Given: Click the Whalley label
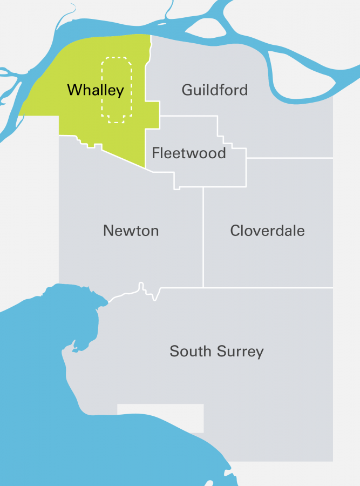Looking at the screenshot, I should tap(96, 90).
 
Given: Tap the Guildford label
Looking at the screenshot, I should tap(214, 90).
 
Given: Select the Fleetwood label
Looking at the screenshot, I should tap(188, 153).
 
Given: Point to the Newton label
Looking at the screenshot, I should tap(131, 231).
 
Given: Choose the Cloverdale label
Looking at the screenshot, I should tap(267, 231).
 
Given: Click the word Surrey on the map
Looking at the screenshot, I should tap(241, 352).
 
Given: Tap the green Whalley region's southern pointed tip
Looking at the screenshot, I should tap(146, 167).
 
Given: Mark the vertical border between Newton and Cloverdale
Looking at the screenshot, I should tap(203, 238).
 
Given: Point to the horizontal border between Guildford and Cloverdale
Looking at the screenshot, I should tap(290, 158).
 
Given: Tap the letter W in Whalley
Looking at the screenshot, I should tap(73, 90).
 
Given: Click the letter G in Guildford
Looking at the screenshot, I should tap(187, 90).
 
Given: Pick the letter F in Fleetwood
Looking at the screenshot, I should tap(155, 153).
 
